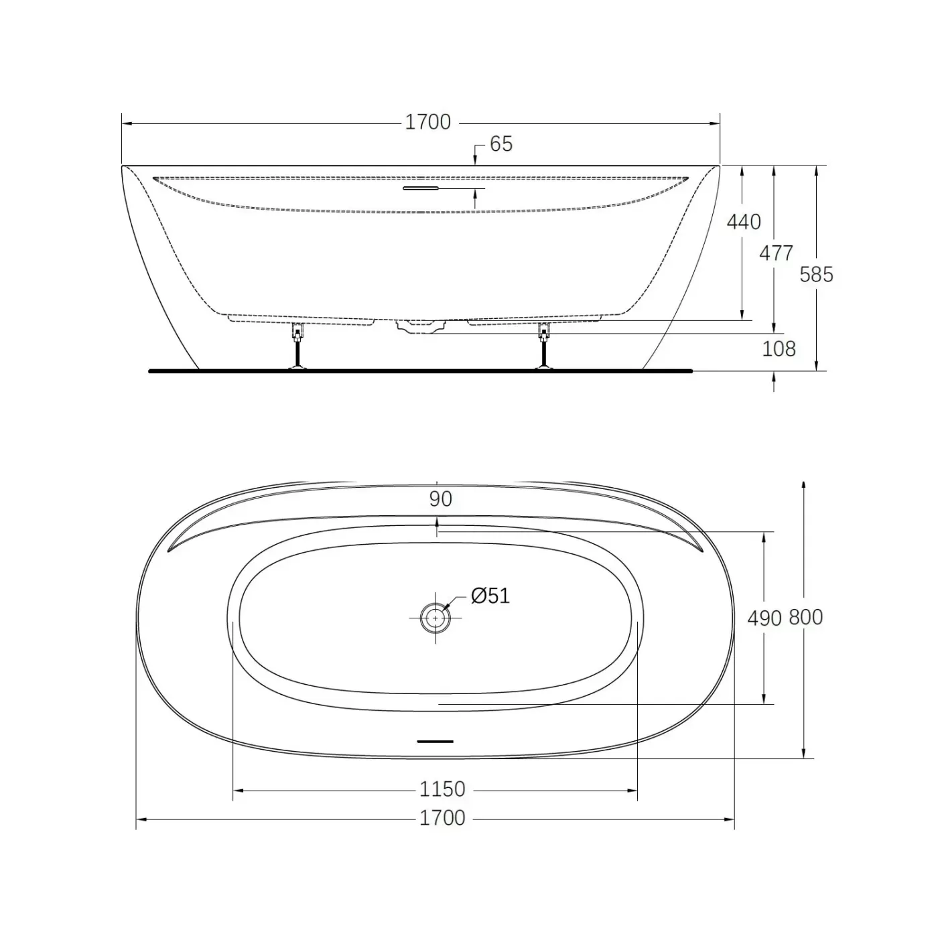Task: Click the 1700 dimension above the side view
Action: [x=428, y=122]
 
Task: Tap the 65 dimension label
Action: [x=501, y=144]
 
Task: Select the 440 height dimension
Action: [x=743, y=222]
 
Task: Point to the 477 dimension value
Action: [x=776, y=253]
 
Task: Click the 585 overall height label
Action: [x=816, y=275]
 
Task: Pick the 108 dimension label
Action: [x=779, y=348]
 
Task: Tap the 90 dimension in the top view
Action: [x=440, y=499]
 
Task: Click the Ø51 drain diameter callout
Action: [x=490, y=596]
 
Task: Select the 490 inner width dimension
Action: [x=764, y=618]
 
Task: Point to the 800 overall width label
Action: [x=805, y=617]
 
